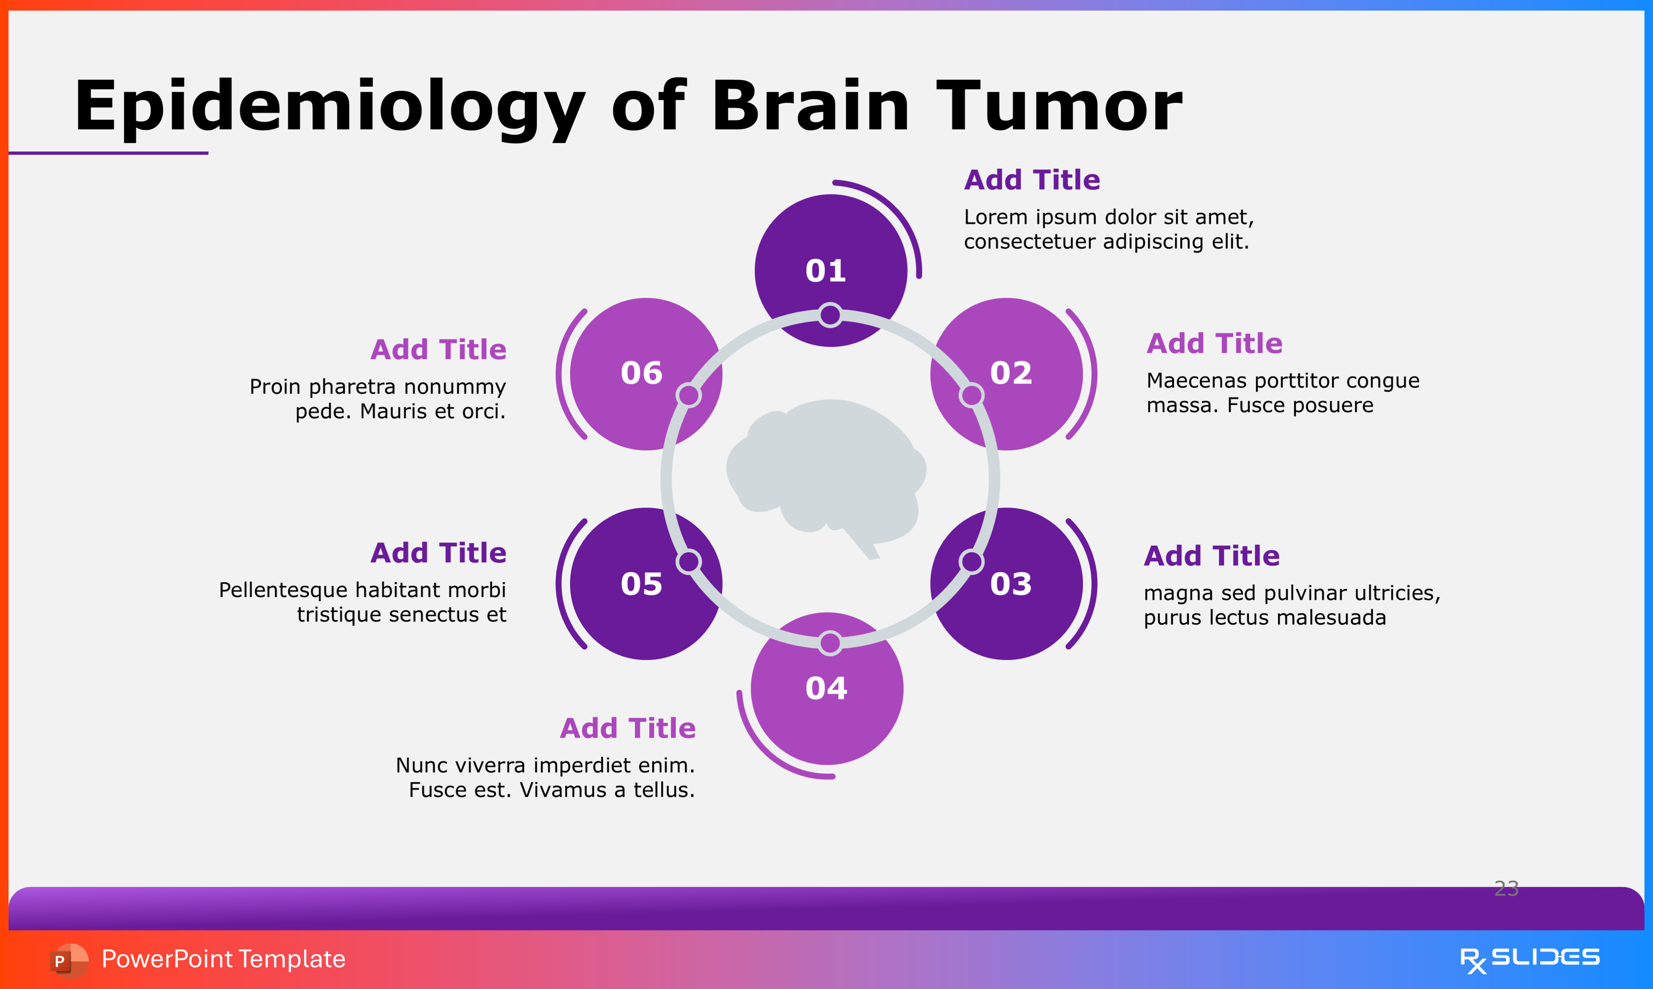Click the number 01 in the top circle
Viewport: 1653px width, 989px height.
point(826,271)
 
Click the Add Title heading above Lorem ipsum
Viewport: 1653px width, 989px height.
point(1031,180)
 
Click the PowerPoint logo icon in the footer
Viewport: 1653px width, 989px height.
point(68,960)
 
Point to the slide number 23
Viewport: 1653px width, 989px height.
point(1506,888)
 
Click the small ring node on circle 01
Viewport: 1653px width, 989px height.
point(830,315)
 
